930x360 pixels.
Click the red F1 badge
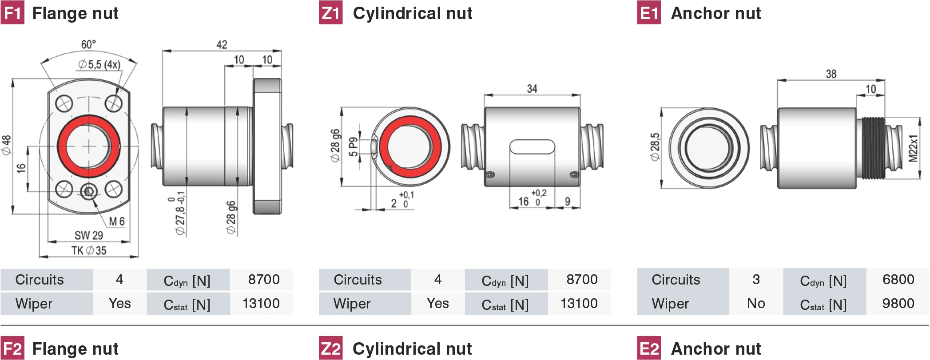click(x=12, y=13)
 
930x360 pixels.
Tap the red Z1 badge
click(x=330, y=13)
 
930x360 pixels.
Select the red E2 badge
click(x=648, y=348)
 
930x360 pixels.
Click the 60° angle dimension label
click(x=88, y=44)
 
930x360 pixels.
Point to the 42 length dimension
click(x=222, y=44)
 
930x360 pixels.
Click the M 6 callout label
click(x=117, y=221)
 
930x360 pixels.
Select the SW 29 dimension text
click(x=89, y=235)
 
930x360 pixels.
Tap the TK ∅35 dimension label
click(x=89, y=250)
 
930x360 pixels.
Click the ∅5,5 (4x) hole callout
click(x=99, y=64)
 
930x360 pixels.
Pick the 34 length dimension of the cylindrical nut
click(x=532, y=89)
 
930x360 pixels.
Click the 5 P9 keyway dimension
click(x=353, y=146)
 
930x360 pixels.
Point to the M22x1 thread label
click(x=913, y=148)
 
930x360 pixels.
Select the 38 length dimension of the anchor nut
click(x=831, y=74)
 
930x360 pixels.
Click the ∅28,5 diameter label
click(x=655, y=147)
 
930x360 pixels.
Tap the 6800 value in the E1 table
click(x=898, y=279)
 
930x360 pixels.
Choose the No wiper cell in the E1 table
click(x=756, y=303)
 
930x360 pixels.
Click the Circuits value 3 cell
click(x=756, y=279)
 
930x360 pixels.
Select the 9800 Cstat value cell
click(x=898, y=303)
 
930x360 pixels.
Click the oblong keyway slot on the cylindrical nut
click(x=532, y=146)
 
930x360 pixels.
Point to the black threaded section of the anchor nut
click(x=873, y=148)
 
